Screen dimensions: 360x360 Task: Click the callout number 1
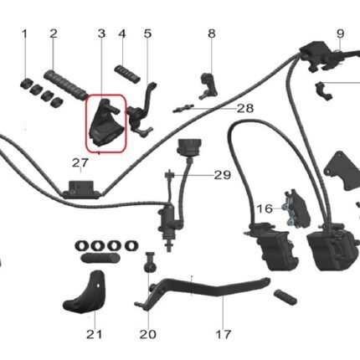pyautogui.click(x=24, y=33)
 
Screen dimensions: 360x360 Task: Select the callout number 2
pyautogui.click(x=54, y=33)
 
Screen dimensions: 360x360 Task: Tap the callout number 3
pyautogui.click(x=101, y=33)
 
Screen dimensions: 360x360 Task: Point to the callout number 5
pyautogui.click(x=147, y=33)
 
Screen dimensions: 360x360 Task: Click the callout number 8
pyautogui.click(x=212, y=33)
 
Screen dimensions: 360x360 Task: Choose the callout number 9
pyautogui.click(x=340, y=33)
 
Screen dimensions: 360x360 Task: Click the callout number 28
pyautogui.click(x=245, y=108)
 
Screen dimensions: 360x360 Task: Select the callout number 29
pyautogui.click(x=223, y=175)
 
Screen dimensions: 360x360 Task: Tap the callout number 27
pyautogui.click(x=80, y=163)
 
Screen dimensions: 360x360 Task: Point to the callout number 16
pyautogui.click(x=265, y=208)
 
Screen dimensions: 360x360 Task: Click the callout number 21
pyautogui.click(x=94, y=334)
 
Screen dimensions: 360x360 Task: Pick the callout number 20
pyautogui.click(x=148, y=334)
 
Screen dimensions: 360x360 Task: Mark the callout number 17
pyautogui.click(x=224, y=334)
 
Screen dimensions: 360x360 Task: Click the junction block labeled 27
pyautogui.click(x=81, y=190)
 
